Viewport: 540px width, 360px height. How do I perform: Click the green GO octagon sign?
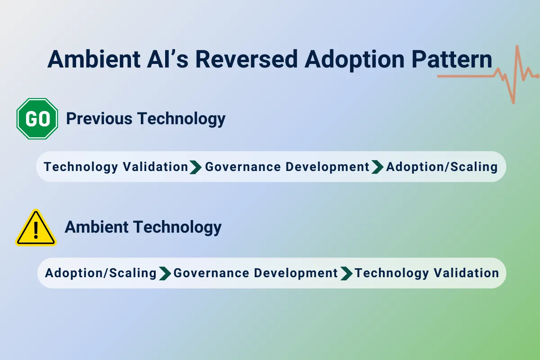37,119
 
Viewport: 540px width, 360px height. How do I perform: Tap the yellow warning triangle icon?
36,229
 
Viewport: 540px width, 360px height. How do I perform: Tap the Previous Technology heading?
145,119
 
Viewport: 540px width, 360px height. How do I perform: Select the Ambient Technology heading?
143,227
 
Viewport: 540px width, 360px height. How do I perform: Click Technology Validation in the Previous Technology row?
116,167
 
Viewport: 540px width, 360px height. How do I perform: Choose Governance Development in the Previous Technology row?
287,167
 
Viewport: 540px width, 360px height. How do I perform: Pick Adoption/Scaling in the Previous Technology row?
442,167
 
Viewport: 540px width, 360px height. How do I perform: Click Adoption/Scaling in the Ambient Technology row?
101,273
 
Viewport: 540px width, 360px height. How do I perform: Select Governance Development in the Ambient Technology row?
256,273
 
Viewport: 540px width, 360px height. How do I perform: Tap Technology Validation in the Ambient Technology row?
427,273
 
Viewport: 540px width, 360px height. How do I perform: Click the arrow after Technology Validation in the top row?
196,167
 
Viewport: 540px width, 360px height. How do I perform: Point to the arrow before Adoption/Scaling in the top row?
378,167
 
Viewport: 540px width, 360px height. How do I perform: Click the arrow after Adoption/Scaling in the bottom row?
165,273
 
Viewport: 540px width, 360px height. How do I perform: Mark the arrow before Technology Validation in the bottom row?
346,273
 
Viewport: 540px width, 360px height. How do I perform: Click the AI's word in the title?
166,60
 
